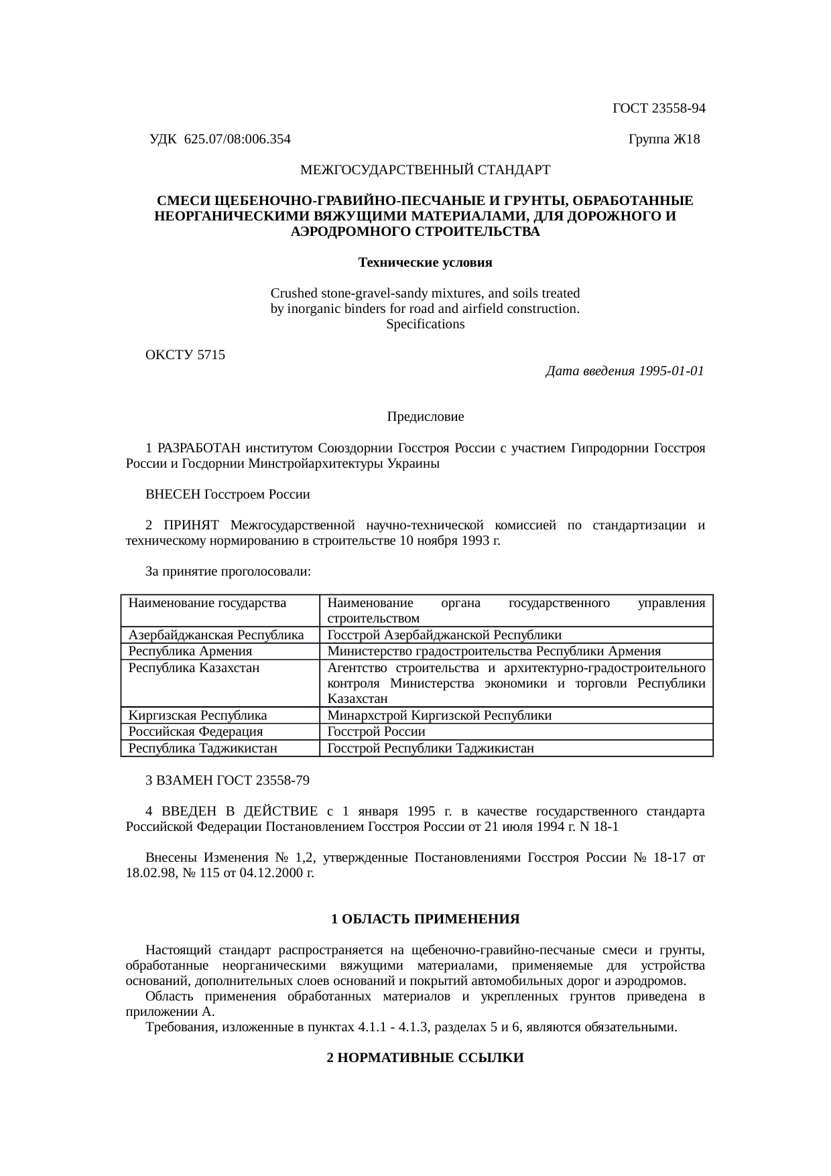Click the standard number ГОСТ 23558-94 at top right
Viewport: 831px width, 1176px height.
(659, 109)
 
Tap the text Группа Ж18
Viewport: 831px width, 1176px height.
(663, 139)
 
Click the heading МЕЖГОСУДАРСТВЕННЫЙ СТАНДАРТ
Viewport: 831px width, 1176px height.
(425, 170)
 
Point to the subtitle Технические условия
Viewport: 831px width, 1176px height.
(425, 263)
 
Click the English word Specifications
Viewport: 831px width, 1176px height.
(425, 324)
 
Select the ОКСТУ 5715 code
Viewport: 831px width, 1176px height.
(185, 355)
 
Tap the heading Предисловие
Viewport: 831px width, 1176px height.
(425, 417)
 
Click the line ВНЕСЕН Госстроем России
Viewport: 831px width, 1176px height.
(228, 495)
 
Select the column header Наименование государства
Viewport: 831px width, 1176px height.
(207, 603)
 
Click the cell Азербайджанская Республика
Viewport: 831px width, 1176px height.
(216, 635)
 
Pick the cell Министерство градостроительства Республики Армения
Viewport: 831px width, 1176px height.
(494, 651)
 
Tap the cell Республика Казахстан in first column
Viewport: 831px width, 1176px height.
(194, 668)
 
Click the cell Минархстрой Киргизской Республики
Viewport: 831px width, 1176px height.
(440, 716)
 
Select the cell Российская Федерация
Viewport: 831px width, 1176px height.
(196, 732)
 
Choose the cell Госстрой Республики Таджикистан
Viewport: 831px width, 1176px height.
(430, 748)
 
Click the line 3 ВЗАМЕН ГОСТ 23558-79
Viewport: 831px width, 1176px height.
(227, 781)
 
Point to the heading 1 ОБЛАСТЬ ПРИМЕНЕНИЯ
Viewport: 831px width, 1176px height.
(425, 919)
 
